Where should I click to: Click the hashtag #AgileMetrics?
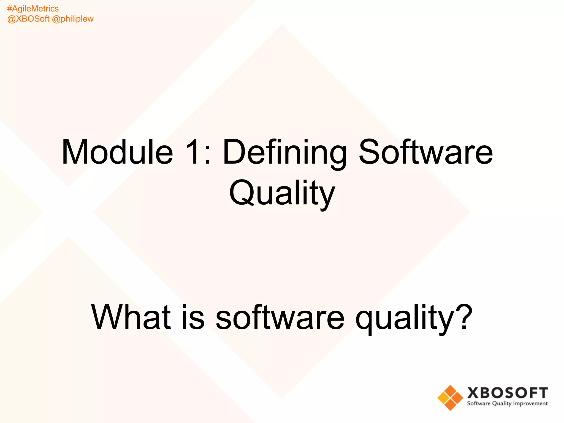point(33,9)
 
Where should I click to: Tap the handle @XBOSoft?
point(28,19)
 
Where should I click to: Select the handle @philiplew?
point(73,19)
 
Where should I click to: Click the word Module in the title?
point(117,152)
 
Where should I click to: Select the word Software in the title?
point(426,152)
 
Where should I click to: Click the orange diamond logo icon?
point(450,398)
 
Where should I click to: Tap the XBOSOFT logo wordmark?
point(507,393)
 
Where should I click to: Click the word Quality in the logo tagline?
point(502,404)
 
